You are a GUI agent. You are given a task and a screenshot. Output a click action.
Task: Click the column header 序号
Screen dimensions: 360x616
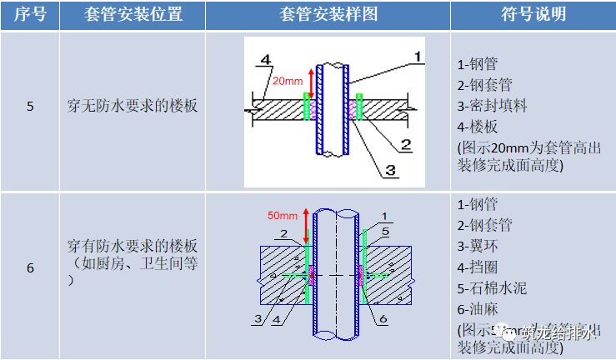29,15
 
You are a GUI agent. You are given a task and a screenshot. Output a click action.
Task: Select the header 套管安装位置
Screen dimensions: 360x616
133,15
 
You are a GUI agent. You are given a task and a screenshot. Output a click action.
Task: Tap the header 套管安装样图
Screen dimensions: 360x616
328,15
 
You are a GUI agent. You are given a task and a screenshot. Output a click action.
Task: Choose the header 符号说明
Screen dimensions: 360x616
534,15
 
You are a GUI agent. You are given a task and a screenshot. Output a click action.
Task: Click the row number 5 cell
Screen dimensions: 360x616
30,107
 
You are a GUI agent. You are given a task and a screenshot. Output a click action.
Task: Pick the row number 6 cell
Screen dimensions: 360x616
30,267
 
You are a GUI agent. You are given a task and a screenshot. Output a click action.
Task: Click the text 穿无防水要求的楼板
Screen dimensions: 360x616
133,107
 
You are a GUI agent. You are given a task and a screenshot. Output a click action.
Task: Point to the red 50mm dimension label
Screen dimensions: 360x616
282,216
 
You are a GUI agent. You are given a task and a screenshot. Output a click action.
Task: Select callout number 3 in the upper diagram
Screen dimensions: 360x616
389,171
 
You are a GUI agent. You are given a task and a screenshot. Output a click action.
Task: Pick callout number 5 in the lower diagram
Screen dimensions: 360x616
386,231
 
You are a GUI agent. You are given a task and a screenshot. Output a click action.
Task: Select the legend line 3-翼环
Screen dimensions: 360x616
478,246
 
